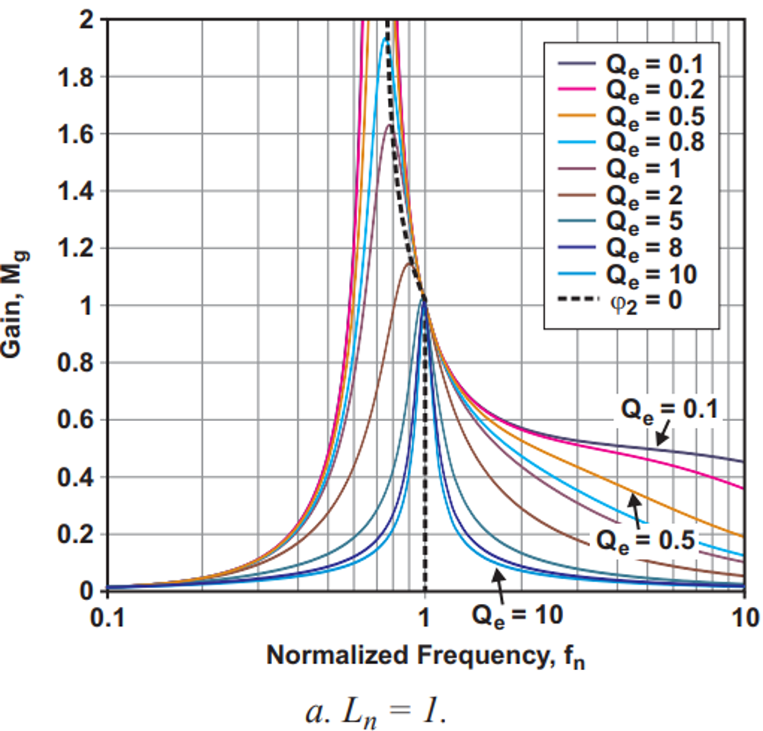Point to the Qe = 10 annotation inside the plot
pyautogui.click(x=518, y=615)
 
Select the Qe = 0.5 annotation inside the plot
pyautogui.click(x=645, y=540)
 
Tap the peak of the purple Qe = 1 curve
pyautogui.click(x=390, y=125)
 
